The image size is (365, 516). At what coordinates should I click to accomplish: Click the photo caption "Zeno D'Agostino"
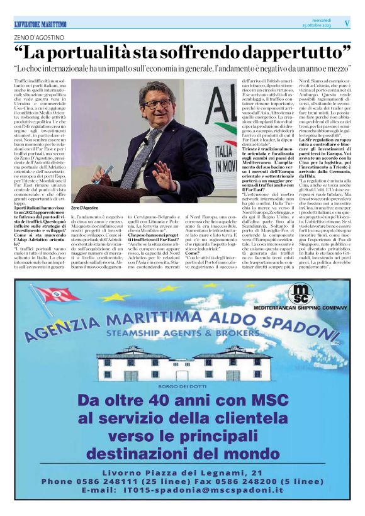point(86,208)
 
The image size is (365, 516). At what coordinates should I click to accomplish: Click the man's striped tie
point(149,147)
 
